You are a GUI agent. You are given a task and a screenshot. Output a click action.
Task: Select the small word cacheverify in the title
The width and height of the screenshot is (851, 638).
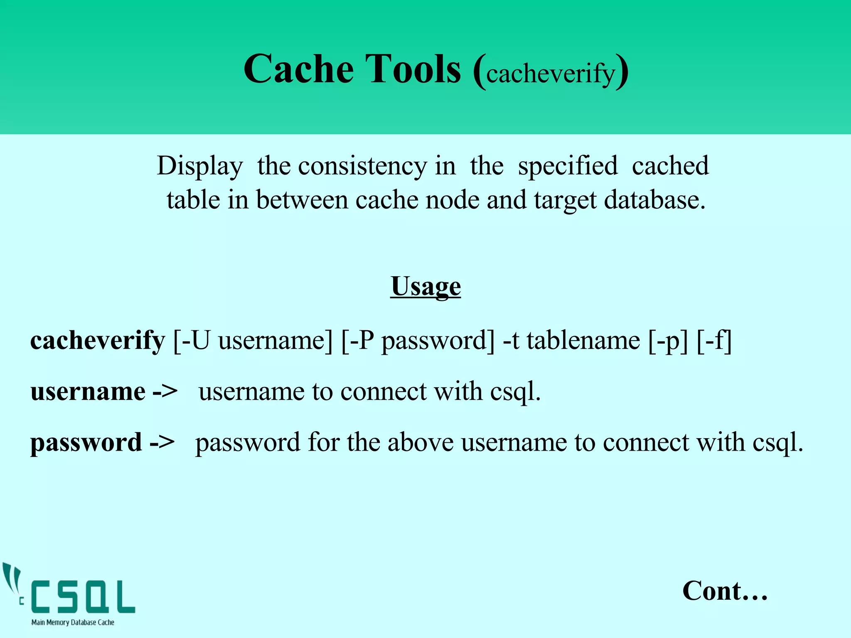point(550,74)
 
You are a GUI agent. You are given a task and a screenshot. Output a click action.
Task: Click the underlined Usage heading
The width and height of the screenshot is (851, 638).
point(425,287)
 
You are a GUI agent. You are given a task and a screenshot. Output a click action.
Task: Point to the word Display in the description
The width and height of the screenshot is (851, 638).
point(200,166)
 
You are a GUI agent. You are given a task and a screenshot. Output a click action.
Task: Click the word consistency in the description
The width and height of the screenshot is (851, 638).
point(362,166)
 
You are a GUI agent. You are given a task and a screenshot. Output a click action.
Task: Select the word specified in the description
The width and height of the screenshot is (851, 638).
point(568,166)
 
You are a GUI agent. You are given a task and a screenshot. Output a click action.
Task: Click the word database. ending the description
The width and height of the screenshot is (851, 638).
point(654,200)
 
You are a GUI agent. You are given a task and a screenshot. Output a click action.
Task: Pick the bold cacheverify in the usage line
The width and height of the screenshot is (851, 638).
point(98,341)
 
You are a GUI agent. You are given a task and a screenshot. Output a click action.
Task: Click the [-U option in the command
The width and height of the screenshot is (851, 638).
point(192,341)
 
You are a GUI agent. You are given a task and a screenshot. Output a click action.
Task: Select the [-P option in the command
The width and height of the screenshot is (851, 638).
point(357,341)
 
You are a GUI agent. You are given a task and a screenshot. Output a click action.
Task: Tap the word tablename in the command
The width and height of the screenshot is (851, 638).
point(583,341)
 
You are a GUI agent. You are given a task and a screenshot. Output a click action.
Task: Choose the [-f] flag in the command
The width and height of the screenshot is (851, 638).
point(714,341)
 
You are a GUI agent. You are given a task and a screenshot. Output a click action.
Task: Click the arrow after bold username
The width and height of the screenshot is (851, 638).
point(165,392)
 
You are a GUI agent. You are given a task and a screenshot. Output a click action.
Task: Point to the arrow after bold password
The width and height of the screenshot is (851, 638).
point(162,442)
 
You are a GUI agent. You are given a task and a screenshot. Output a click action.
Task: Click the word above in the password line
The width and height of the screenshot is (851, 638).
point(420,442)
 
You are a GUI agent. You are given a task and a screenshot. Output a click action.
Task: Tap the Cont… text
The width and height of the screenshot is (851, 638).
point(725,591)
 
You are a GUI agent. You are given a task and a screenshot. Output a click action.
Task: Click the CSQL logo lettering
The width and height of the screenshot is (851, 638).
point(83,597)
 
